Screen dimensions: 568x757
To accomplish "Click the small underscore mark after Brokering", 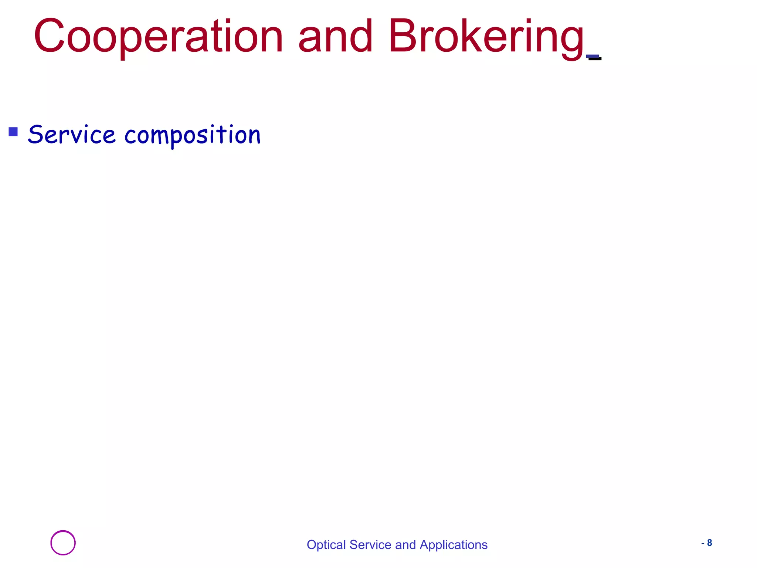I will (594, 57).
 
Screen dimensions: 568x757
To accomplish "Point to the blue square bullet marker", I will (13, 132).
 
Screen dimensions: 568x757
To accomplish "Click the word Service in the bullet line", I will (72, 135).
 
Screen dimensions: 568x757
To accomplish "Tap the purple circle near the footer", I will (63, 542).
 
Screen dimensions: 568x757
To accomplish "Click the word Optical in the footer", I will (326, 545).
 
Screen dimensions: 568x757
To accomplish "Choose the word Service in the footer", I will (370, 545).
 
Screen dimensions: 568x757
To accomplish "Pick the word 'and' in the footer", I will (405, 545).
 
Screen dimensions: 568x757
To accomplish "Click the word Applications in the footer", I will (454, 545).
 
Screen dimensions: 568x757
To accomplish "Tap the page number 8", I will (709, 543).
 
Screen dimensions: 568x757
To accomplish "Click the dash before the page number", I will (703, 543).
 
